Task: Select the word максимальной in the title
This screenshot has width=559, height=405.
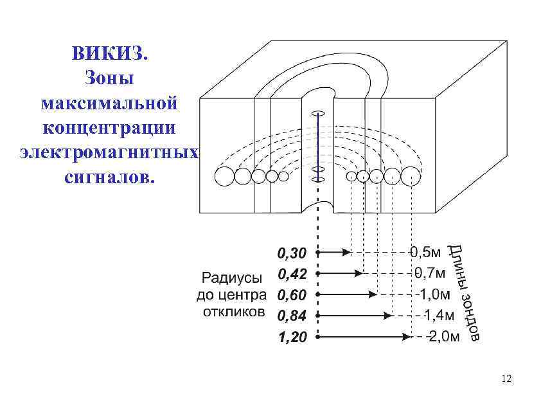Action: click(109, 103)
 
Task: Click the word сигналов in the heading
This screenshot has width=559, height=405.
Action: click(109, 177)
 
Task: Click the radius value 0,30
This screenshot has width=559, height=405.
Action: click(291, 253)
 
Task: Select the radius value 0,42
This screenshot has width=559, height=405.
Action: click(291, 274)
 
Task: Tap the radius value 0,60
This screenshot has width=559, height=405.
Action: click(291, 295)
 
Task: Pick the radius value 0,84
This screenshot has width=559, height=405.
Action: click(291, 316)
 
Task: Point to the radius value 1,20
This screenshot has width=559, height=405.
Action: click(291, 337)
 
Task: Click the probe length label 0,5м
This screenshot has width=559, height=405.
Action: click(425, 253)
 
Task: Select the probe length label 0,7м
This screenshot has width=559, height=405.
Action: click(429, 273)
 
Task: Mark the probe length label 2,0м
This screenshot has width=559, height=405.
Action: click(443, 336)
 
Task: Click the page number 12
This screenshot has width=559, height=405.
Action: click(506, 379)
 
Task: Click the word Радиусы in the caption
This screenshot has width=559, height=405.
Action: click(232, 278)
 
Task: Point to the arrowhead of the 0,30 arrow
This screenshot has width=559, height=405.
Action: click(347, 253)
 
